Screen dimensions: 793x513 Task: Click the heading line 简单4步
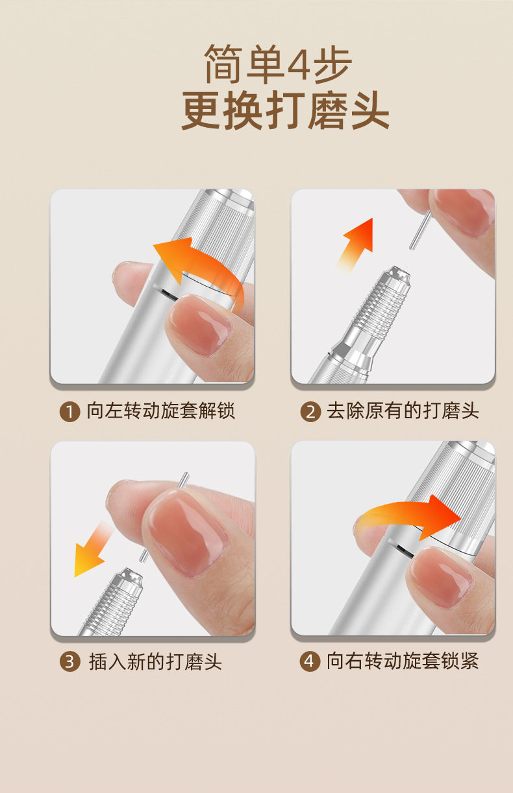coord(278,65)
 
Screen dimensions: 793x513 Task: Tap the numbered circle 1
coord(69,412)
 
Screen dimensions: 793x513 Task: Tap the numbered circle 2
coord(310,412)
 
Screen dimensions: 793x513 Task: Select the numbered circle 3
coord(69,662)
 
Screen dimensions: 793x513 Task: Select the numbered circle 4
coord(310,662)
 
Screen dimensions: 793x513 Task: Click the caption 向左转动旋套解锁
coord(160,411)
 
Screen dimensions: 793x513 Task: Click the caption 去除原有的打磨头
coord(403,411)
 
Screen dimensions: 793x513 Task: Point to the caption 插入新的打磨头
coord(155,662)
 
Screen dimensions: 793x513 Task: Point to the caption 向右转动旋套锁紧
coord(403,661)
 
